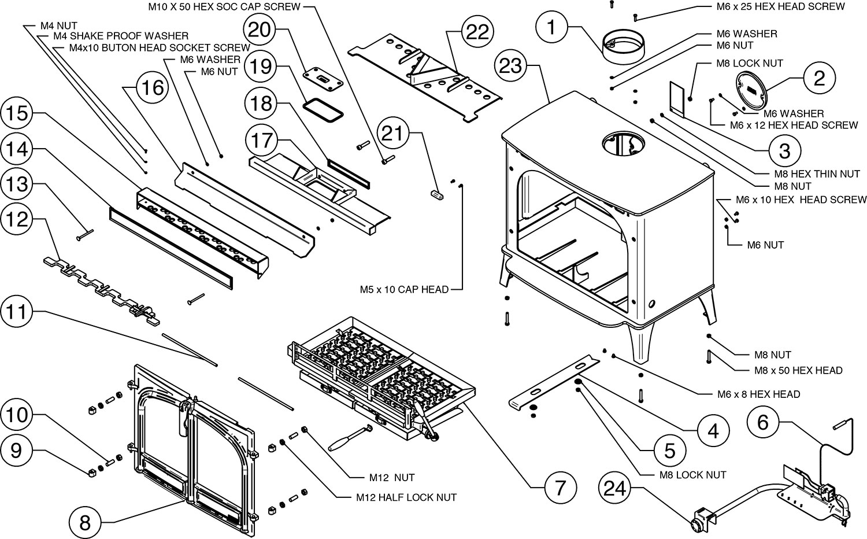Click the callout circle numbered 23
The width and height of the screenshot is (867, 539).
pyautogui.click(x=511, y=66)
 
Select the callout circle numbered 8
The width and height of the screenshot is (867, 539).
pyautogui.click(x=85, y=523)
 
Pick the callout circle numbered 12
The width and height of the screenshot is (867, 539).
pyautogui.click(x=16, y=220)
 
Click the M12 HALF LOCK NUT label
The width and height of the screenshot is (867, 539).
pyautogui.click(x=406, y=497)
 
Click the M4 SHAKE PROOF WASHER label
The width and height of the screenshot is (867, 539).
pyautogui.click(x=120, y=36)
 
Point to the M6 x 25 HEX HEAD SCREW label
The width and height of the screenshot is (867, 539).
pyautogui.click(x=776, y=7)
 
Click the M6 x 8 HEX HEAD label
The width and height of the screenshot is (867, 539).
pyautogui.click(x=758, y=394)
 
